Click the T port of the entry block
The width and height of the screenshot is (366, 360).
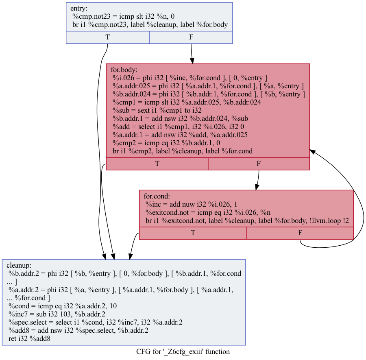(108, 37)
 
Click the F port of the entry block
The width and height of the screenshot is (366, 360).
(191, 37)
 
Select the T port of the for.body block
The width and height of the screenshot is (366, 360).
(157, 164)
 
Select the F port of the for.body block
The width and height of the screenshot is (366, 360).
(259, 164)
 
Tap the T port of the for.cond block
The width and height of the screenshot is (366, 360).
(193, 233)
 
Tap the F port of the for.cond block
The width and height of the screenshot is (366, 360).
(300, 233)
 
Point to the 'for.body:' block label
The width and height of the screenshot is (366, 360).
(124, 70)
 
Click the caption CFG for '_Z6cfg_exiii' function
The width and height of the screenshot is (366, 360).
(183, 351)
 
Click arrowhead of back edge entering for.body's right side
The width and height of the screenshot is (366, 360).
(312, 150)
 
